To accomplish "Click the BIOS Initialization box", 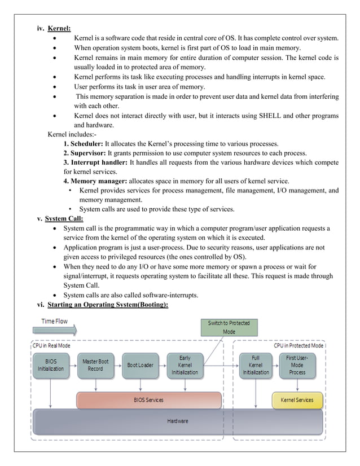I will point(51,365).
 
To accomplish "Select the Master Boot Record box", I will point(95,365).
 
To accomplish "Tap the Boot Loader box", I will point(140,365).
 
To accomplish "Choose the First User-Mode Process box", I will point(297,365).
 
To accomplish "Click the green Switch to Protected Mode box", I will point(229,327).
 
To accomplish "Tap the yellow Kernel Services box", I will point(297,400).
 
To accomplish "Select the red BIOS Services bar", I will point(149,400).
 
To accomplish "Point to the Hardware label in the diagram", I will point(178,421).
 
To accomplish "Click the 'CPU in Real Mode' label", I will point(51,345).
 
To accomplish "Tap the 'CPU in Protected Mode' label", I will point(298,345).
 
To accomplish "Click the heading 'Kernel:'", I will point(59,28).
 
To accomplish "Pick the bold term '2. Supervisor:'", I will point(85,153).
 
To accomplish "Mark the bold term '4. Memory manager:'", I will point(96,181).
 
